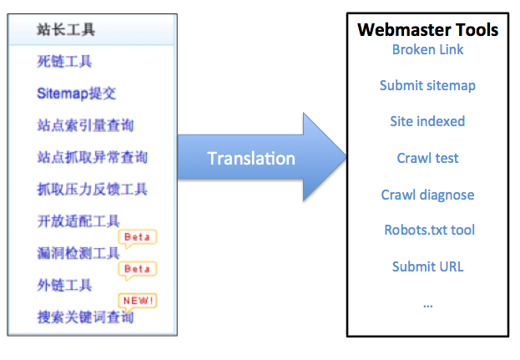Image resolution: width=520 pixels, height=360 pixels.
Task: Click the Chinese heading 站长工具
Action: coord(66,30)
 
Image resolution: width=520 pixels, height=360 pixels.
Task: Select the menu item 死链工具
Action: coord(64,61)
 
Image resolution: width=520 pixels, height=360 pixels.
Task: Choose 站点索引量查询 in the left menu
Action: coord(85,125)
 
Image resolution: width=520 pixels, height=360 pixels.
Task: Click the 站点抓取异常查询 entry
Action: coord(92,157)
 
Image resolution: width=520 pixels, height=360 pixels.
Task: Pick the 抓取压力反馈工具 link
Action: coord(92,190)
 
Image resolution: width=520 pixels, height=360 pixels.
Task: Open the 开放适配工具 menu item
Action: coord(78,221)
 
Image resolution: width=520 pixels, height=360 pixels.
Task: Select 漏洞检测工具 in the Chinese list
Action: coord(78,254)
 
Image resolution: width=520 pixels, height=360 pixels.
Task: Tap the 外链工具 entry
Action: coord(64,286)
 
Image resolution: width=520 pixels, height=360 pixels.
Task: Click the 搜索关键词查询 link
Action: coord(85,317)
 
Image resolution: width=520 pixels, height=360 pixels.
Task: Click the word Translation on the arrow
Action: coord(250,159)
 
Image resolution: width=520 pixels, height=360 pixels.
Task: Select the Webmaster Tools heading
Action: coord(428,30)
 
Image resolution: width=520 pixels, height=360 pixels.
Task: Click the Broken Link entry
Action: coord(428,49)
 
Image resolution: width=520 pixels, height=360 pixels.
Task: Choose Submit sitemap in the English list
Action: coord(428,85)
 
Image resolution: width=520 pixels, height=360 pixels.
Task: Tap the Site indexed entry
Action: coord(428,121)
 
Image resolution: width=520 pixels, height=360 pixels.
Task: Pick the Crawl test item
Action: coord(428,158)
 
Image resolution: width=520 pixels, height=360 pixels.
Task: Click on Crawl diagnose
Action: coord(428,195)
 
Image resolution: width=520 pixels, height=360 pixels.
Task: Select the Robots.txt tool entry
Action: coord(428,230)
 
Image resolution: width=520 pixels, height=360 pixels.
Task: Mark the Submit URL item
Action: coord(428,266)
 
